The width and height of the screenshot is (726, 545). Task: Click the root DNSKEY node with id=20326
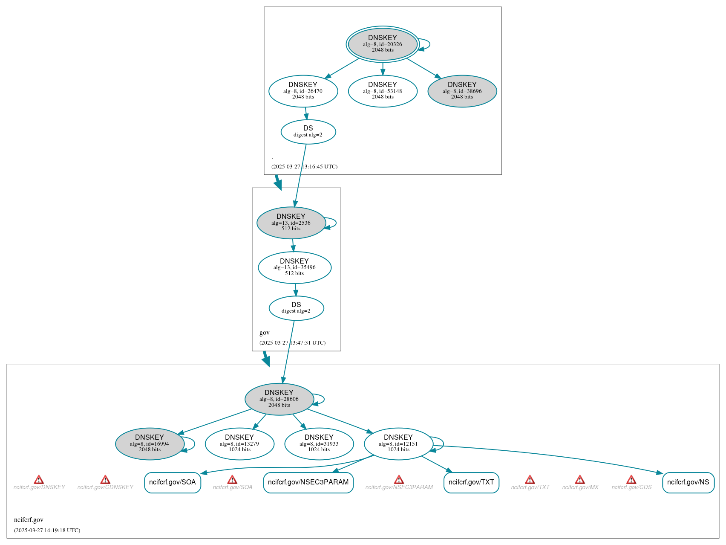(382, 44)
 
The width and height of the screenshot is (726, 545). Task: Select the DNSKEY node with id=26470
(303, 91)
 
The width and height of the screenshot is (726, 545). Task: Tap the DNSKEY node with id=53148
(382, 91)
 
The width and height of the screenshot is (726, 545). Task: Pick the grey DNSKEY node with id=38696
(462, 91)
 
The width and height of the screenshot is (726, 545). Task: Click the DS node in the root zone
(308, 132)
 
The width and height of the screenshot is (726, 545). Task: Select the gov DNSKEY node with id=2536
(291, 223)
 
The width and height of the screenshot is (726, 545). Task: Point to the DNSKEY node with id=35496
(294, 267)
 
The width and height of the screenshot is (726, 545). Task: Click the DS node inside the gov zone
(296, 308)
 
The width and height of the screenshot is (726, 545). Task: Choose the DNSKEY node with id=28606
(279, 399)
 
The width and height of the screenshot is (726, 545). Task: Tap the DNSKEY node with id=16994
(150, 444)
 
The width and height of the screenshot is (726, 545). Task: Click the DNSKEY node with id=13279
(239, 444)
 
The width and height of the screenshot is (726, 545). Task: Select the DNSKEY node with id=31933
(319, 444)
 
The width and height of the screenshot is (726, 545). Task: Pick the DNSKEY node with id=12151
(398, 444)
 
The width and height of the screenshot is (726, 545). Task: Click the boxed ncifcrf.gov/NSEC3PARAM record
(308, 482)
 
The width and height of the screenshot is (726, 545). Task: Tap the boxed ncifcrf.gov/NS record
(688, 482)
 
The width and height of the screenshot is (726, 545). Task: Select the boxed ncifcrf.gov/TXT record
(471, 482)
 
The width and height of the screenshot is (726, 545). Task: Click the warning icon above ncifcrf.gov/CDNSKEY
(105, 480)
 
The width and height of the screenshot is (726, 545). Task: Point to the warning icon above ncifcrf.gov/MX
(580, 480)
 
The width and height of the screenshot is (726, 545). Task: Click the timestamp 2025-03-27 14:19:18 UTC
(47, 531)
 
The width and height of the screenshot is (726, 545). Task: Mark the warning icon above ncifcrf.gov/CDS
(631, 480)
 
